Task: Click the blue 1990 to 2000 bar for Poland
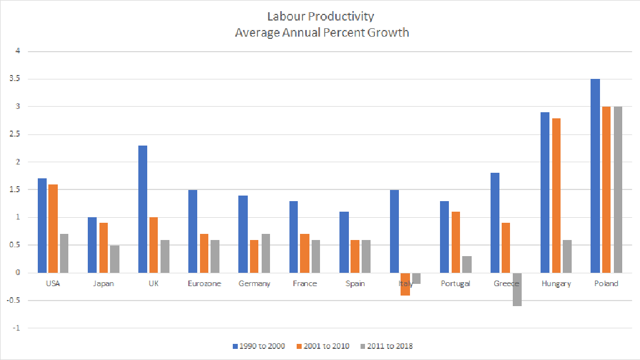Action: tap(595, 176)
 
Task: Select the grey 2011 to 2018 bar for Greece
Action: tap(516, 289)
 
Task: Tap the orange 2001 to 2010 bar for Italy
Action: tap(405, 284)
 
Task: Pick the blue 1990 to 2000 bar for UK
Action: tap(142, 209)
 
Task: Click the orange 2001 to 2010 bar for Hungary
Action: tap(556, 196)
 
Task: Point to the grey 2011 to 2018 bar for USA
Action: tap(64, 253)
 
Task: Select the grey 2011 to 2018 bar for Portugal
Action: tap(467, 264)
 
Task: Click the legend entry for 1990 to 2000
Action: tap(258, 346)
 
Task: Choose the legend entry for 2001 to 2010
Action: tap(323, 346)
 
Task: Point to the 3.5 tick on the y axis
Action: tap(15, 79)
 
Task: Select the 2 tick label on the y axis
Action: tap(17, 162)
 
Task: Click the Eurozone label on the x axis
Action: tap(204, 284)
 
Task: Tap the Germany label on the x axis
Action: tap(254, 284)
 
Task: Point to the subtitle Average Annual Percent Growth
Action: tap(322, 32)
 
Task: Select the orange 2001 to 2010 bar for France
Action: tap(305, 253)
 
